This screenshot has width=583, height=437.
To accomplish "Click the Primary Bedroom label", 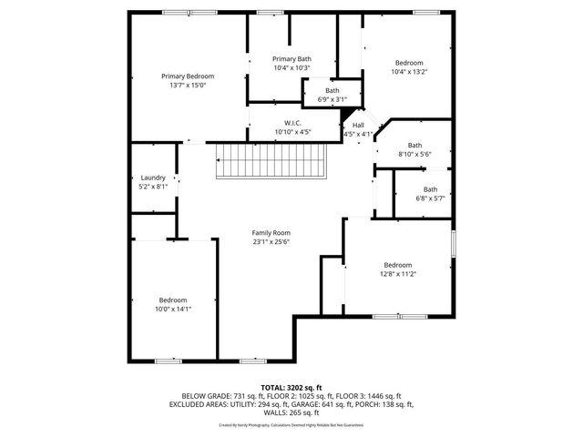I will point(188,76).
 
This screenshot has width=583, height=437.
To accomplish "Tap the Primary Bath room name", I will point(291,58).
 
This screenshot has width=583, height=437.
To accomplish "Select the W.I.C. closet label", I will point(292,123).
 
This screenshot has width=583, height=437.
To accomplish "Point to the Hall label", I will point(358,125).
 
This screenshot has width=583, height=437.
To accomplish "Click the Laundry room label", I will point(153,178).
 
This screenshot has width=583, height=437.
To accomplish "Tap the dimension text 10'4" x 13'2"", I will point(409,72).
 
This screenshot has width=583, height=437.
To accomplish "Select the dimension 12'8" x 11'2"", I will point(398,273).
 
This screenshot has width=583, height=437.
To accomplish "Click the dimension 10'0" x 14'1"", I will point(173,309).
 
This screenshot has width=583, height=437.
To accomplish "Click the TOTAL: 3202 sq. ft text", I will point(291,388).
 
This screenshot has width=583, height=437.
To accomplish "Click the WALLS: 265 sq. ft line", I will point(291,412).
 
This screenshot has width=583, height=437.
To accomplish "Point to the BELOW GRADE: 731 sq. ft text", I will point(212,396).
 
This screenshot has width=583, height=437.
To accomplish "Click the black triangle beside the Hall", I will point(347,115).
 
